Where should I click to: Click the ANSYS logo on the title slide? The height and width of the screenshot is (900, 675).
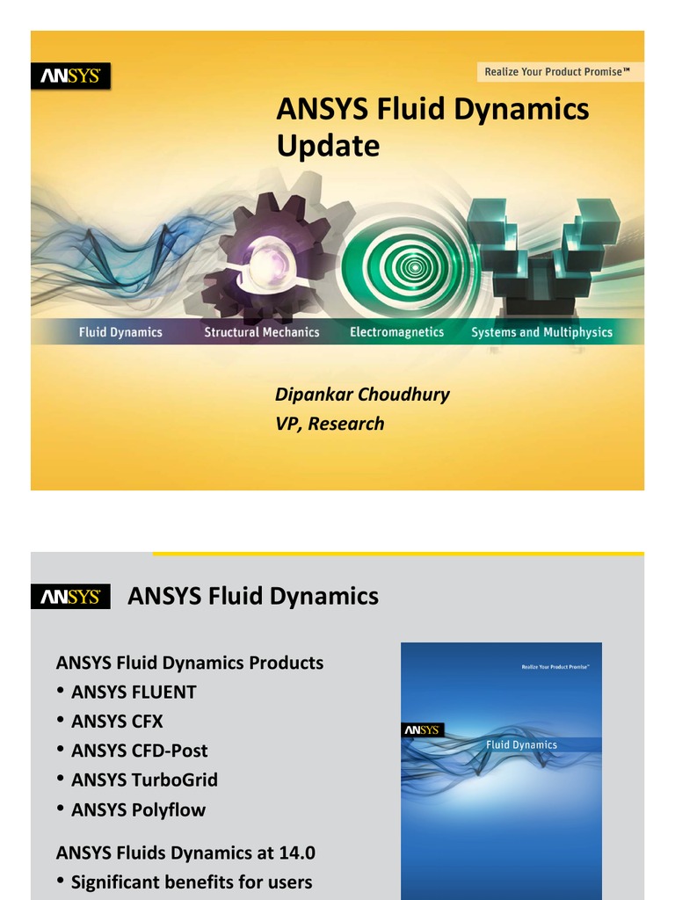coord(71,76)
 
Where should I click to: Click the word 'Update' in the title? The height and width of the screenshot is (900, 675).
coord(328,146)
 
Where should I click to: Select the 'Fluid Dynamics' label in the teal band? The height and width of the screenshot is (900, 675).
coord(120,332)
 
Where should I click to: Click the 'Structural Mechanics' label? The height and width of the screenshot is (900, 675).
coord(262,332)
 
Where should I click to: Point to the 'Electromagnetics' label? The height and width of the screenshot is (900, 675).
coord(396,332)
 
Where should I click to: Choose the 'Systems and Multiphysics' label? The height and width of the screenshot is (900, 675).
coord(541,332)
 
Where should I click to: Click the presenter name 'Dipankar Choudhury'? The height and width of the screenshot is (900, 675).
coord(362,394)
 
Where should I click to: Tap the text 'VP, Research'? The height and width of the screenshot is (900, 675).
coord(330,424)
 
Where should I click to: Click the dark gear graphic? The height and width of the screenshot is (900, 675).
coord(264,255)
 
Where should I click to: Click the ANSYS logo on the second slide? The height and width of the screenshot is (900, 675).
coord(71,597)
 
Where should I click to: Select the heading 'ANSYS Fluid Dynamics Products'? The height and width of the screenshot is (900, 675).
coord(190,663)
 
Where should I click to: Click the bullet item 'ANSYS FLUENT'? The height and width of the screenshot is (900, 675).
coord(134,692)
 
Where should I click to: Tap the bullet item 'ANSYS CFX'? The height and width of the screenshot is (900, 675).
coord(117,722)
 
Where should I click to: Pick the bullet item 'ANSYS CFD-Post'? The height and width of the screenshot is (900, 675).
coord(139,751)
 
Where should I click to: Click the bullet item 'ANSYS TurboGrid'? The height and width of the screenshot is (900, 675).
coord(144,780)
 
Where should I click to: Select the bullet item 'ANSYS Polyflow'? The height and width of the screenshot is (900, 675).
coord(138,809)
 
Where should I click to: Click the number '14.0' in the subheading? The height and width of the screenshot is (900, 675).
coord(296,853)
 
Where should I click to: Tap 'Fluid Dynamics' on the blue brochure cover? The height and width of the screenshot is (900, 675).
coord(522,744)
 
